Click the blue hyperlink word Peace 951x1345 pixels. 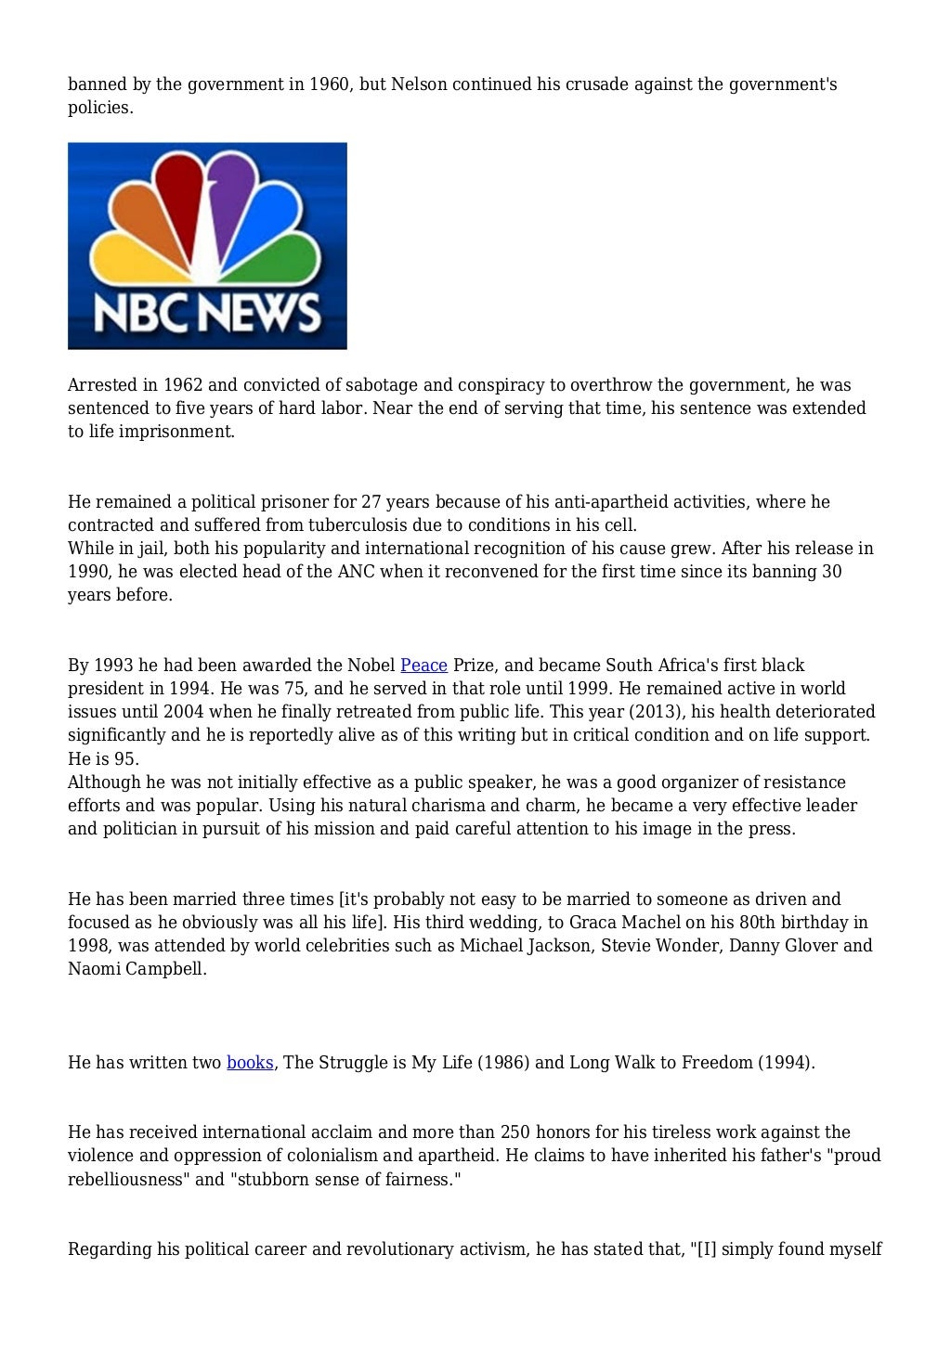[x=423, y=666]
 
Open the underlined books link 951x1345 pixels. [x=250, y=1063]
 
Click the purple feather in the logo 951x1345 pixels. [x=232, y=200]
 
